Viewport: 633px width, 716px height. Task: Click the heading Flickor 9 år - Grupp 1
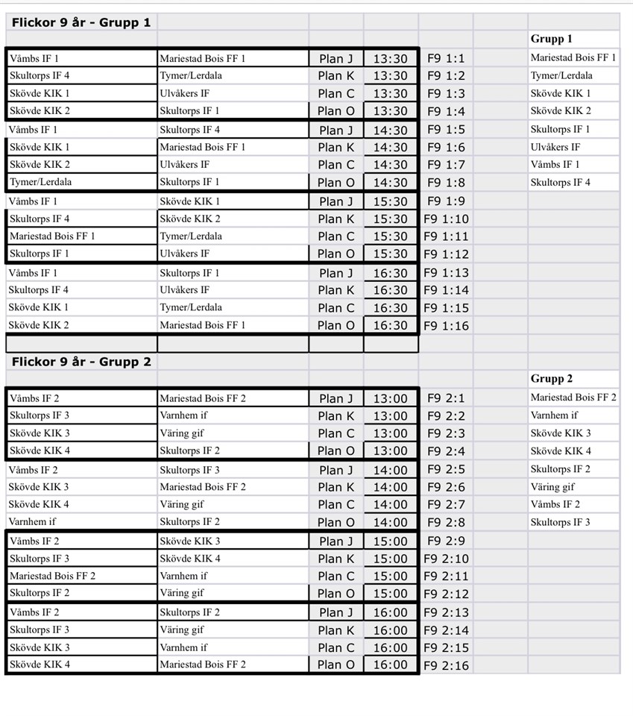[81, 22]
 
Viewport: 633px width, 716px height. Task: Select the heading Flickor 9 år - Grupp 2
[81, 362]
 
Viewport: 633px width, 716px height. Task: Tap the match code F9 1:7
[446, 165]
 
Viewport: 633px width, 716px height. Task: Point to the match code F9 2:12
[446, 594]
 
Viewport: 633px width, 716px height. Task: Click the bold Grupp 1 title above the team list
[551, 39]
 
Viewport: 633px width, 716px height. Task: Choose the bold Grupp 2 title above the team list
[551, 379]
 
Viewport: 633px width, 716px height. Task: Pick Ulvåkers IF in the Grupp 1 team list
[555, 147]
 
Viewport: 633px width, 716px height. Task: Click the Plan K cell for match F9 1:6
[336, 148]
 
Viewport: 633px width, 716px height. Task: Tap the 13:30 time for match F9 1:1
[391, 59]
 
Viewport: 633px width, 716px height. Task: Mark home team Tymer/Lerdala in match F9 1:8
[41, 182]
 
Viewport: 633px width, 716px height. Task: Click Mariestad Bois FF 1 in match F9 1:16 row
[202, 325]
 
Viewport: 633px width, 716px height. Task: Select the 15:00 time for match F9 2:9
[391, 541]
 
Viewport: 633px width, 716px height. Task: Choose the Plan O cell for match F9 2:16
[336, 665]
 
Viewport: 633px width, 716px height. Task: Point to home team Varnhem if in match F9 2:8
[33, 522]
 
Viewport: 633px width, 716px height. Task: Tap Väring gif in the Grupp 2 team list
[552, 487]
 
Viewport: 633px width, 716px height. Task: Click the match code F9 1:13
[446, 273]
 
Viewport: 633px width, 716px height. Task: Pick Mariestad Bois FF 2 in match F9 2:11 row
[52, 576]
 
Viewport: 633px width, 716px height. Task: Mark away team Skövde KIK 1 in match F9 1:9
[190, 201]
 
